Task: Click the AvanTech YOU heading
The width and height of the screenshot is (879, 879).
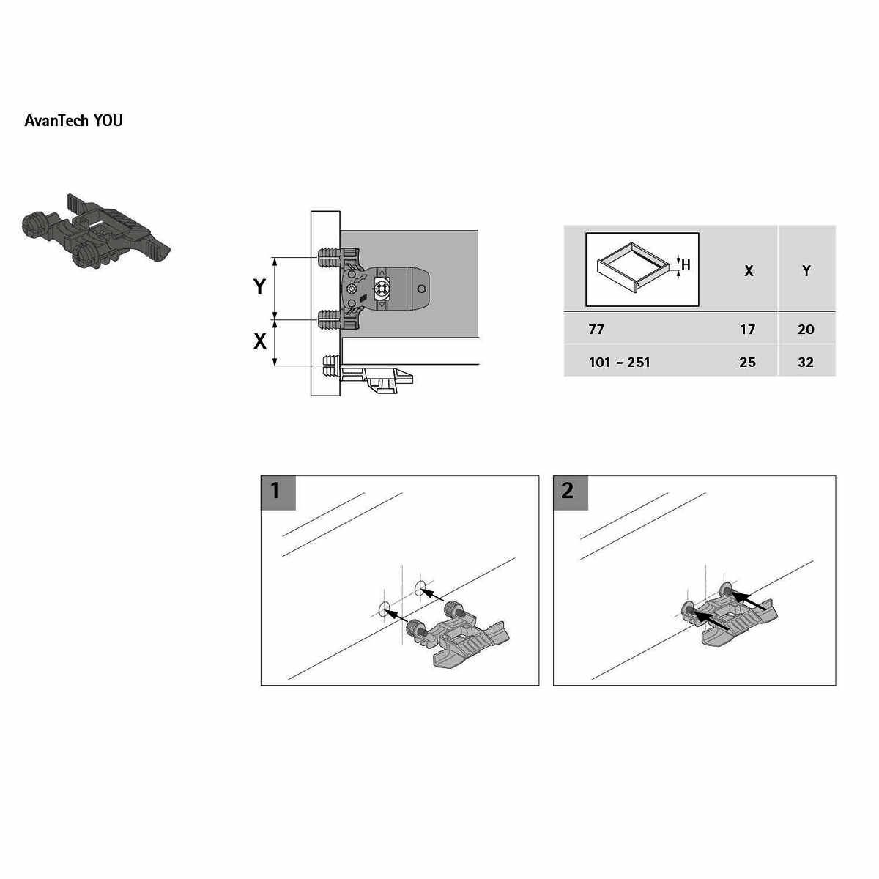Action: click(x=73, y=120)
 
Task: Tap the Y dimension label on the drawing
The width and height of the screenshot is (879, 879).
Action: click(x=259, y=287)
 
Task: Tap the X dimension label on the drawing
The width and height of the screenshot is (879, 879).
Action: click(x=259, y=341)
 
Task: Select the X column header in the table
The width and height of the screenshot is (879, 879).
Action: click(x=749, y=271)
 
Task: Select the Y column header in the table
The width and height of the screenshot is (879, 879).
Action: click(x=806, y=271)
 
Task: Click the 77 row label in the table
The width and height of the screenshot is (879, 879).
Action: click(x=596, y=329)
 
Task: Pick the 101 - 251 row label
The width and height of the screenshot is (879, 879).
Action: click(x=620, y=362)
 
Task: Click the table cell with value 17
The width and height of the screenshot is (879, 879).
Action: click(x=748, y=329)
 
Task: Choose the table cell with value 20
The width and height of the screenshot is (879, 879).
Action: click(x=806, y=329)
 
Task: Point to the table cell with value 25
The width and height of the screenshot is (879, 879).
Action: click(x=748, y=362)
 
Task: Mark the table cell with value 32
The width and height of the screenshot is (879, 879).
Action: click(x=806, y=362)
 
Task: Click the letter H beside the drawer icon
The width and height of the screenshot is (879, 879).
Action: click(x=686, y=264)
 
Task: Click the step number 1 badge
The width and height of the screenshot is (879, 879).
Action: click(x=278, y=493)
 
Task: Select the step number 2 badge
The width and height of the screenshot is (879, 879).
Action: click(x=570, y=493)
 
